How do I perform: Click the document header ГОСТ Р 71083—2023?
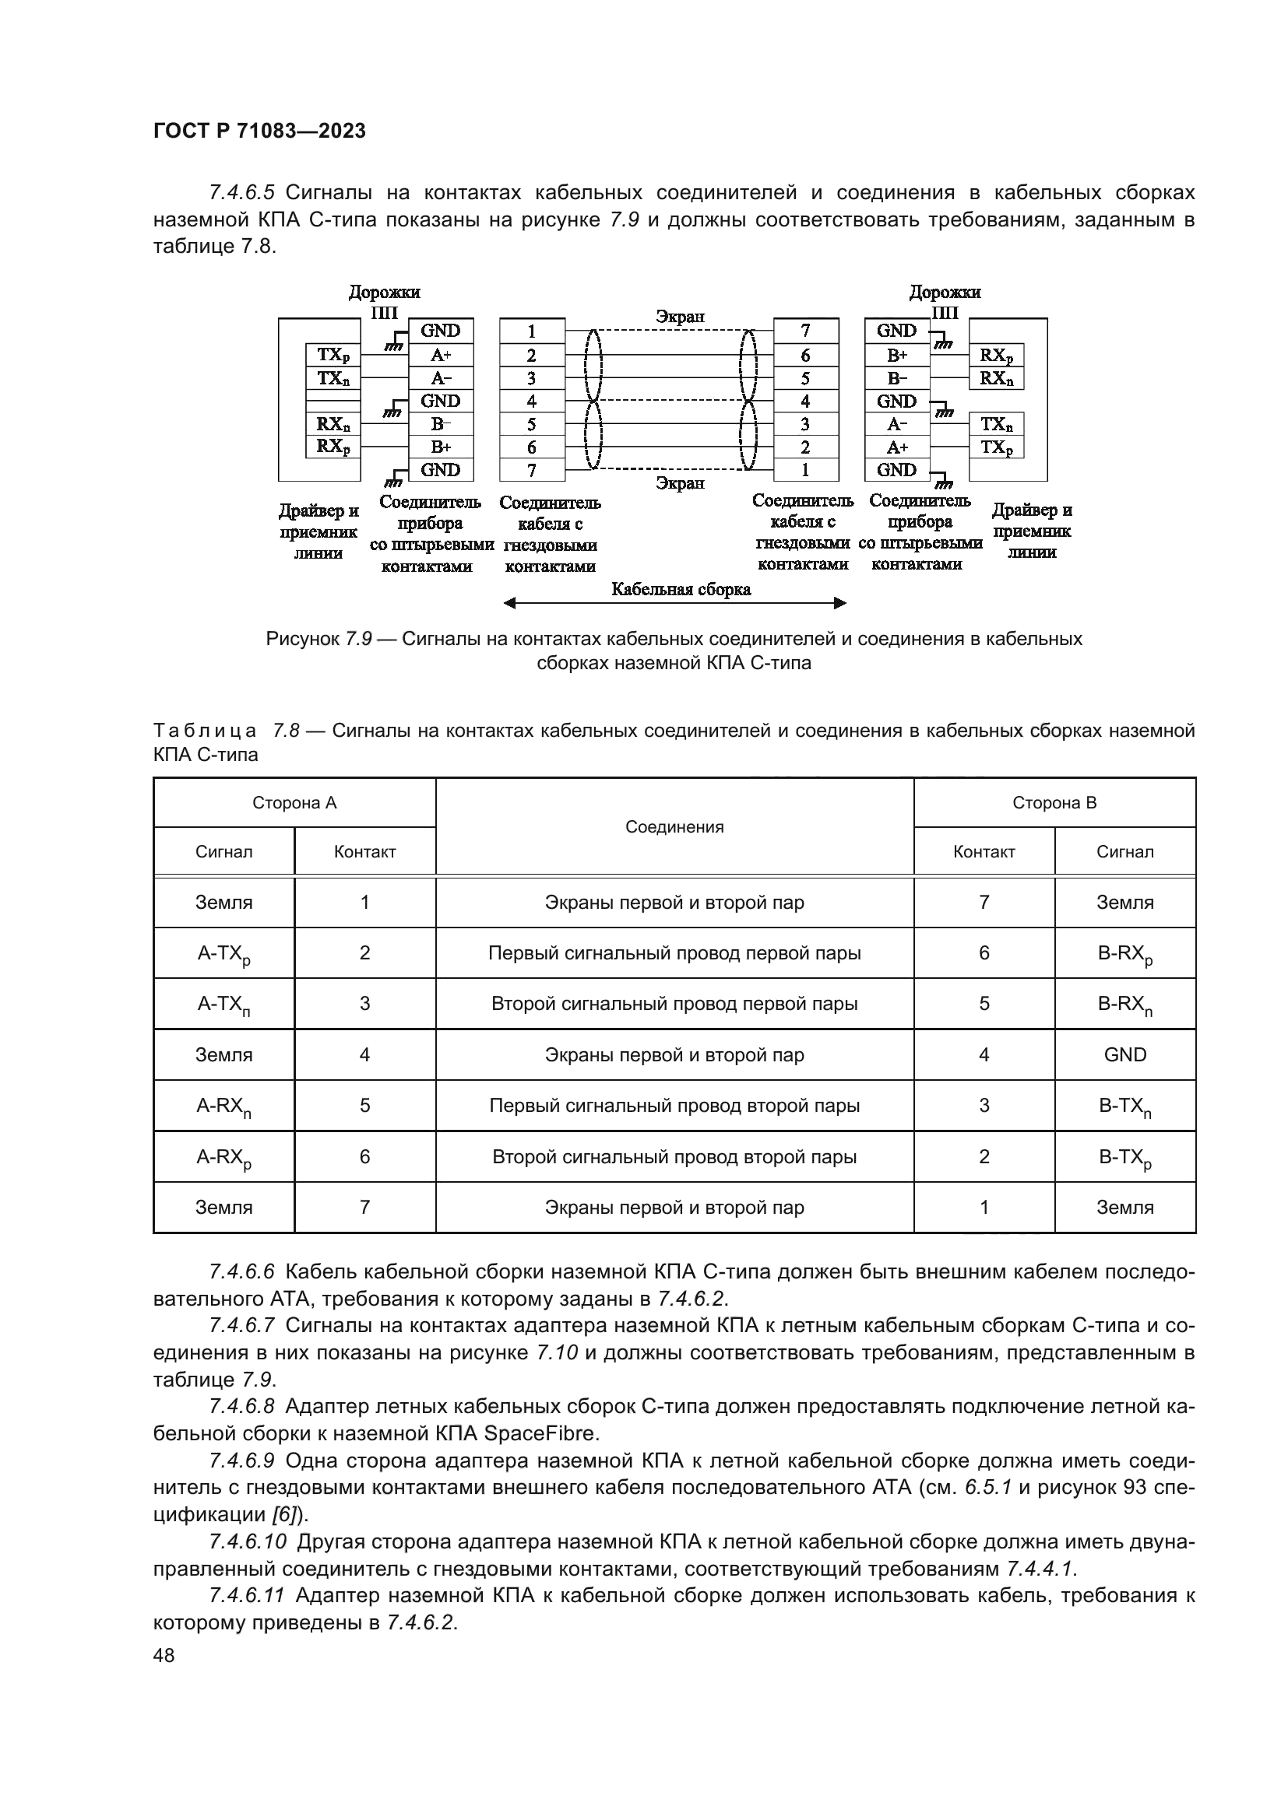click(259, 131)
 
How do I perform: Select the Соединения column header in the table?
click(674, 827)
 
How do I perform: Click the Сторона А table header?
click(294, 802)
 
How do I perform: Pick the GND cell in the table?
click(1124, 1054)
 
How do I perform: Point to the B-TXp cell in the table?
click(1124, 1157)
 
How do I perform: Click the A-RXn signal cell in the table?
click(223, 1106)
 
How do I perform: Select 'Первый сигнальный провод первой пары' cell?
click(674, 953)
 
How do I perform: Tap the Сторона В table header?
click(1054, 802)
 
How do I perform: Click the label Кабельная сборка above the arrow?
click(681, 589)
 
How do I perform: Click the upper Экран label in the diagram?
click(680, 316)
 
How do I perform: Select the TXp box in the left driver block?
click(333, 354)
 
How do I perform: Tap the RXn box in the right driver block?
click(996, 378)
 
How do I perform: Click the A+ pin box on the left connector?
click(441, 354)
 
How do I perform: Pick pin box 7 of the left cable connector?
click(531, 470)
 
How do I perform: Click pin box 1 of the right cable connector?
click(805, 470)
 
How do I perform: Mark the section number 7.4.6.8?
click(242, 1406)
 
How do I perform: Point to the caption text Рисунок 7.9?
click(318, 639)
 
